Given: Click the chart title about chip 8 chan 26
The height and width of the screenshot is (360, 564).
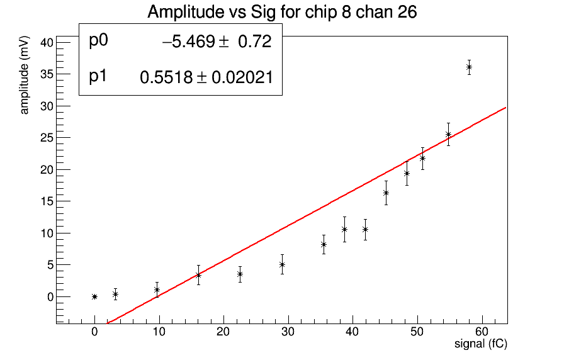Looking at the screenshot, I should (x=281, y=12).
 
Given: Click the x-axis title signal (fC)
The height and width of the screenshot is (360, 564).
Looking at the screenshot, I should (x=480, y=344).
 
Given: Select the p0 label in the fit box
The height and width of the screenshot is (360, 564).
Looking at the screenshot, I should (x=99, y=41).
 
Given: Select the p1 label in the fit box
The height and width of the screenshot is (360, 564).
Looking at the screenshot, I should (x=98, y=76).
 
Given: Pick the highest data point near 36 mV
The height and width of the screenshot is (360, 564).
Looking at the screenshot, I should (x=469, y=67).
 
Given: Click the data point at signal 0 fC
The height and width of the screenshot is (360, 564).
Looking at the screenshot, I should (x=94, y=296).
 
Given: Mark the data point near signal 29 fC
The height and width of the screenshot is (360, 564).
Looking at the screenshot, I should (x=282, y=264).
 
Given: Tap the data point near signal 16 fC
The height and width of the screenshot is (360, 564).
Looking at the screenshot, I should (x=198, y=275).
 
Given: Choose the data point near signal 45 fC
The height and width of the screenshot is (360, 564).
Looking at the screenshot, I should (x=386, y=193).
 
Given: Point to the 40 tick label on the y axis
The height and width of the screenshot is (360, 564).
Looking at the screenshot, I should (x=45, y=42).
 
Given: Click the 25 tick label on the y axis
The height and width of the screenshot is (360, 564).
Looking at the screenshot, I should (x=45, y=137).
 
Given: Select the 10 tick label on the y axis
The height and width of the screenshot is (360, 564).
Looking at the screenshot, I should (x=45, y=233).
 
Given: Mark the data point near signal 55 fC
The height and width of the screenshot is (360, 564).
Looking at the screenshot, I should (x=448, y=134).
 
